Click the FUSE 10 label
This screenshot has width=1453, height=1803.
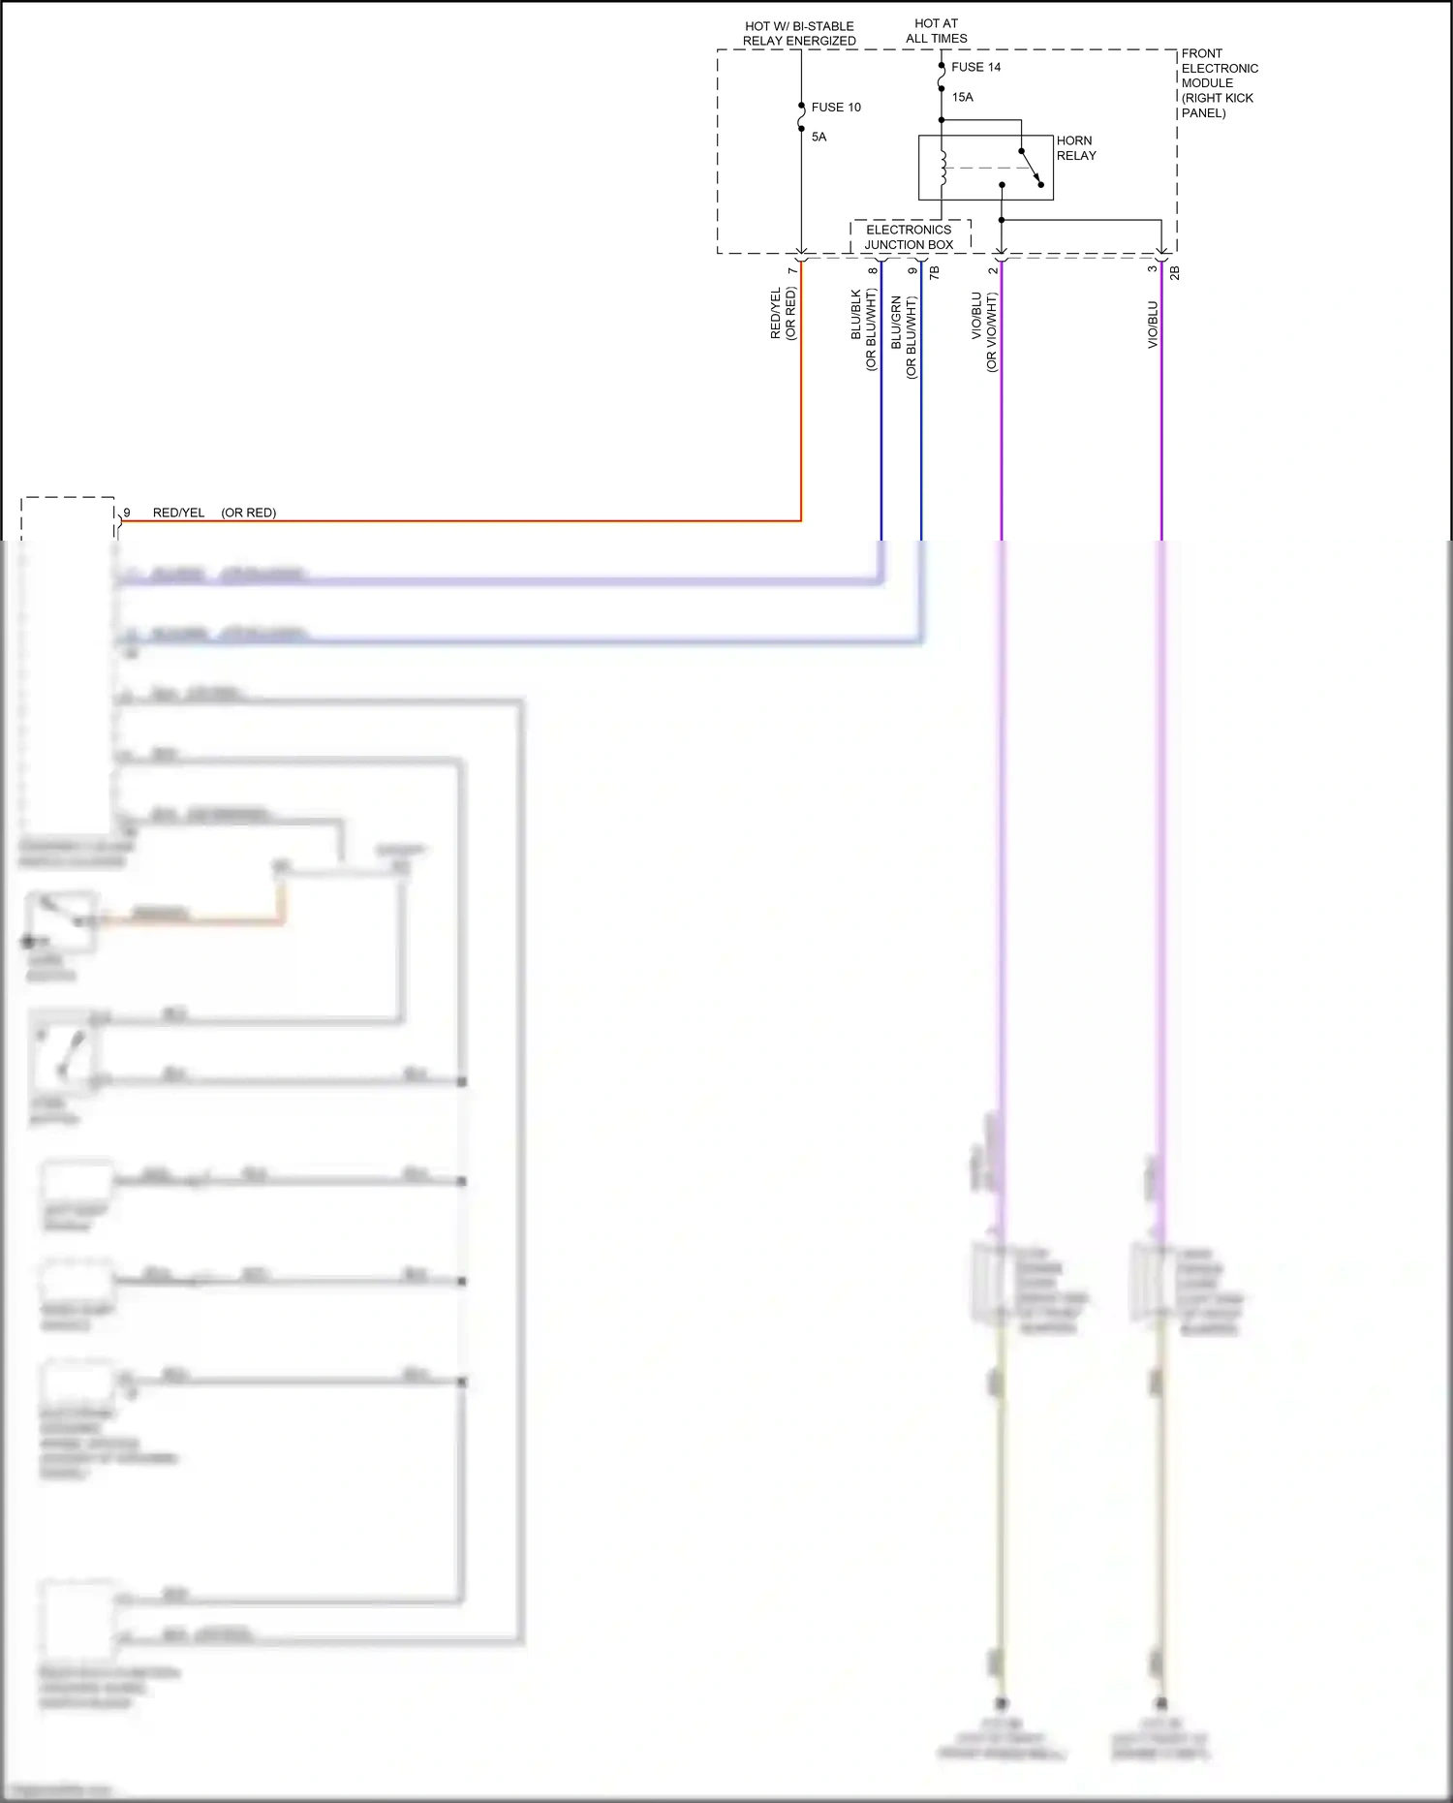[x=835, y=108]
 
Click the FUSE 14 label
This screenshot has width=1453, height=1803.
[x=975, y=67]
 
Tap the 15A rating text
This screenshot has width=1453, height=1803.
[x=962, y=97]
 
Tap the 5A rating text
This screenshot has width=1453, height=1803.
[x=819, y=137]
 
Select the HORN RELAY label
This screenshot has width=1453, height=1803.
[x=1075, y=148]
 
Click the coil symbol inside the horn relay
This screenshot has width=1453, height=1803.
[x=943, y=168]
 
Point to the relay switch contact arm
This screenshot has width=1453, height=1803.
[x=1031, y=167]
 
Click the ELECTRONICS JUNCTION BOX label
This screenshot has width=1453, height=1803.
[x=909, y=237]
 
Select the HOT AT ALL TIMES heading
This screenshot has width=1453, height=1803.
[x=936, y=31]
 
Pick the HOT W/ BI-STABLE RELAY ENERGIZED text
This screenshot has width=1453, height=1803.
[x=799, y=34]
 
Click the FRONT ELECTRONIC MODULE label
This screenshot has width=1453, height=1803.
[x=1219, y=82]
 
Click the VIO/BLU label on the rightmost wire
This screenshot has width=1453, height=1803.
[x=1153, y=325]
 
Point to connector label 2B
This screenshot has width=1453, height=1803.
[x=1174, y=273]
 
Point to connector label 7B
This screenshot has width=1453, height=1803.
[x=934, y=273]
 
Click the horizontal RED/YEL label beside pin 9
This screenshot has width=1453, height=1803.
[x=178, y=513]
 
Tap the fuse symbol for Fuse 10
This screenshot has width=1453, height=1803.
[x=801, y=117]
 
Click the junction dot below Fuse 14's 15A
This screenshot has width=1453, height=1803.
[x=942, y=120]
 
